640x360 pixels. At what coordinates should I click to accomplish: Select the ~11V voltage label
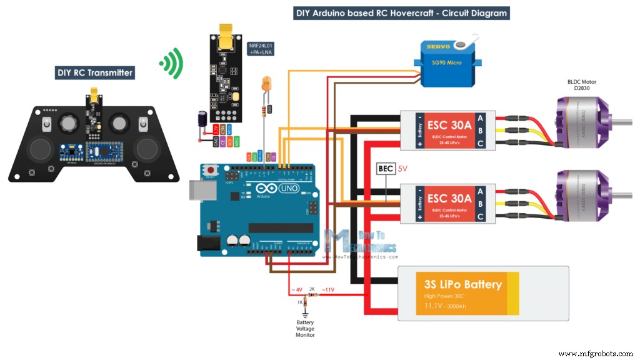tap(328, 289)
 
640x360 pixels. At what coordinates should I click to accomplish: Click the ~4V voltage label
tap(296, 289)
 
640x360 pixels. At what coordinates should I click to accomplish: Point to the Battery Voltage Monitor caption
tap(306, 329)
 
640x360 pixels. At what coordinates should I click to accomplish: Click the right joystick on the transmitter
tap(147, 149)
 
